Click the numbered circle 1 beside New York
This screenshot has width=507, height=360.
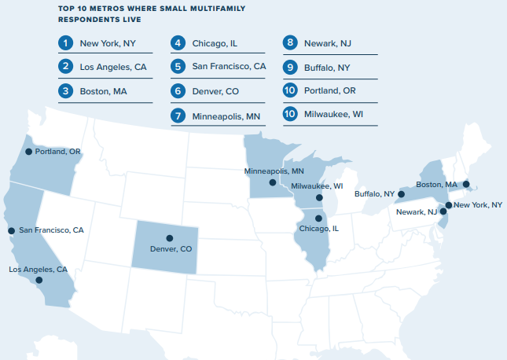pyautogui.click(x=65, y=43)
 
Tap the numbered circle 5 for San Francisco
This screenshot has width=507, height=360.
pyautogui.click(x=178, y=67)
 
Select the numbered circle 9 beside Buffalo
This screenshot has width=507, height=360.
pyautogui.click(x=290, y=67)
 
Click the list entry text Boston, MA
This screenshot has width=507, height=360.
pyautogui.click(x=103, y=91)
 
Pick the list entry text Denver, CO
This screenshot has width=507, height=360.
pyautogui.click(x=215, y=91)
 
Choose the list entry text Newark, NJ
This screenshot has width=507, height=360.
pyautogui.click(x=327, y=43)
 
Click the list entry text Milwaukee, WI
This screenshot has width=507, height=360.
pyautogui.click(x=335, y=114)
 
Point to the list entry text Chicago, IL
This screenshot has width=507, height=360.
pyautogui.click(x=214, y=43)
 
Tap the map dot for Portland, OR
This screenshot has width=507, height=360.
pyautogui.click(x=28, y=152)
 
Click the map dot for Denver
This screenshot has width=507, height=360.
pyautogui.click(x=168, y=238)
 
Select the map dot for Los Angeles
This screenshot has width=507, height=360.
pyautogui.click(x=39, y=280)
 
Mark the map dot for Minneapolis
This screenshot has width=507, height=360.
pyautogui.click(x=272, y=182)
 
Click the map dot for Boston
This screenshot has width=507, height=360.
pyautogui.click(x=466, y=185)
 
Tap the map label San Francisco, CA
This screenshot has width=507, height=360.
pyautogui.click(x=51, y=230)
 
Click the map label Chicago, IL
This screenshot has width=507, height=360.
pyautogui.click(x=318, y=229)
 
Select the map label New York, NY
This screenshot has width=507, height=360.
pyautogui.click(x=478, y=205)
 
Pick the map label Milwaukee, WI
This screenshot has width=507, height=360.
pyautogui.click(x=317, y=186)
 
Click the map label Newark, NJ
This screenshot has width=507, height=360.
pyautogui.click(x=416, y=212)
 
